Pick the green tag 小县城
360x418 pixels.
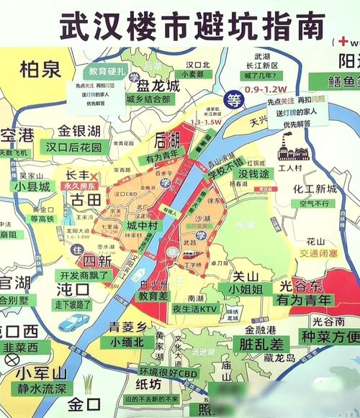pyautogui.click(x=34, y=186)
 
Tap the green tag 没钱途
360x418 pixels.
pyautogui.click(x=253, y=174)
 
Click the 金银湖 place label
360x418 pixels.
pyautogui.click(x=79, y=131)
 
